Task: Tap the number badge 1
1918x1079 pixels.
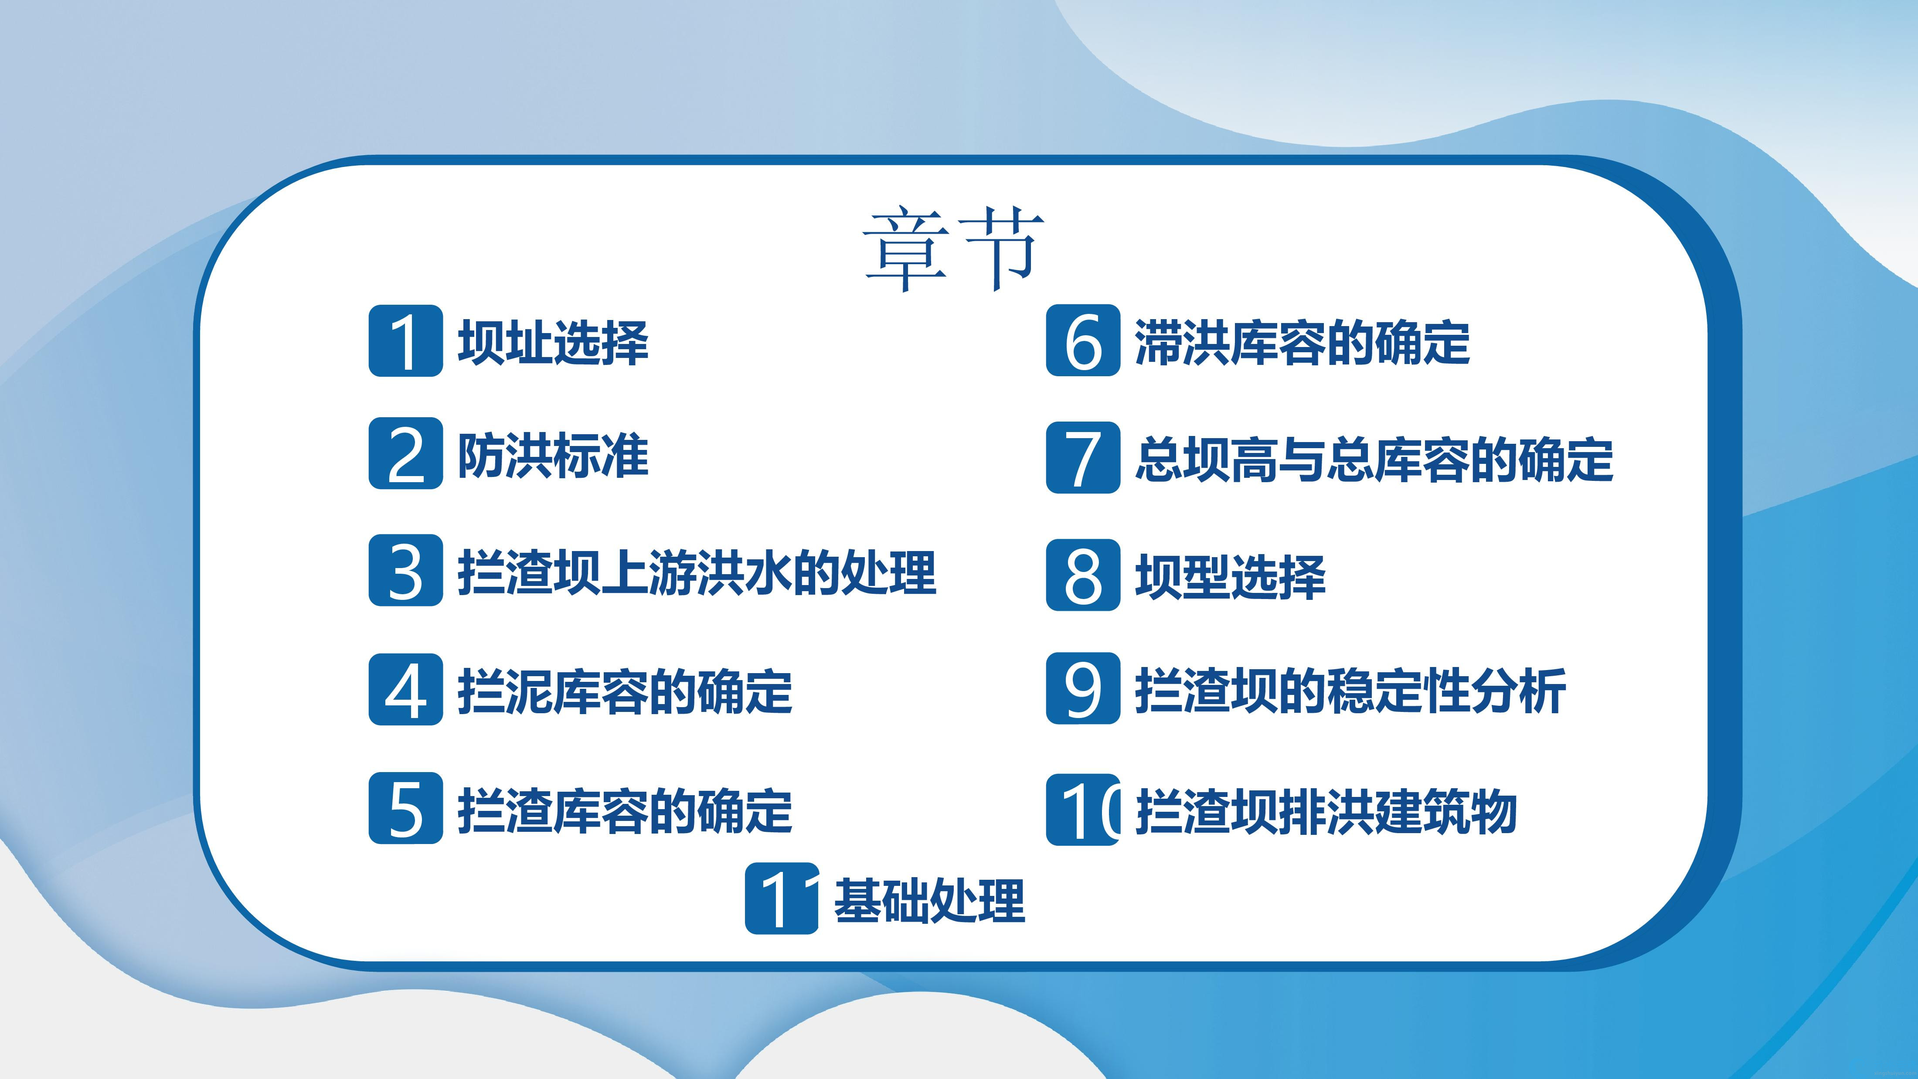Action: pyautogui.click(x=406, y=340)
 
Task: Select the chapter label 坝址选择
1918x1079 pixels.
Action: pyautogui.click(x=553, y=343)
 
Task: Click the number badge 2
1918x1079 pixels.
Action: pyautogui.click(x=406, y=453)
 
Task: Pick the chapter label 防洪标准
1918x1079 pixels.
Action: pyautogui.click(x=553, y=456)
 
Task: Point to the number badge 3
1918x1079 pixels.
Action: pyautogui.click(x=406, y=570)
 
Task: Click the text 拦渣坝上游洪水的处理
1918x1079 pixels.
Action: pyautogui.click(x=697, y=573)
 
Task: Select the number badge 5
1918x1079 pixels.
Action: pyautogui.click(x=406, y=808)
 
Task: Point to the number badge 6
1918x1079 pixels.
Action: pyautogui.click(x=1083, y=340)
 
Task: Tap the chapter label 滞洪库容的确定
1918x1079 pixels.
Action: pyautogui.click(x=1302, y=343)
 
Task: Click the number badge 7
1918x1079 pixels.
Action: pyautogui.click(x=1083, y=457)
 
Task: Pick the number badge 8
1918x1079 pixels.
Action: pyautogui.click(x=1083, y=575)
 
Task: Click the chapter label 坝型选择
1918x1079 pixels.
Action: pyautogui.click(x=1231, y=577)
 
